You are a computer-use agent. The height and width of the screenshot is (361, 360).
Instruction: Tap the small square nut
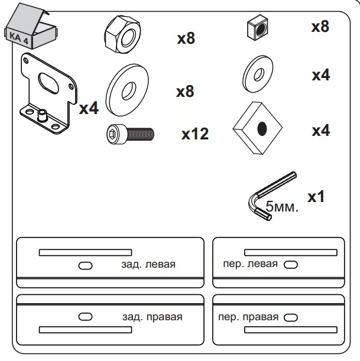[258, 28]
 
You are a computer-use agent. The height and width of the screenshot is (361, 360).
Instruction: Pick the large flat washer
[127, 90]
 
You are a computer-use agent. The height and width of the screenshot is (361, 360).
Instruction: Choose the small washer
[258, 74]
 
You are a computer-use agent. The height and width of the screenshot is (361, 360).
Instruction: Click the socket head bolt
[131, 134]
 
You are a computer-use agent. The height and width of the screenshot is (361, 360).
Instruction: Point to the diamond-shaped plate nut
[258, 128]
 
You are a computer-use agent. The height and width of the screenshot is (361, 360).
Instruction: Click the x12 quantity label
[195, 134]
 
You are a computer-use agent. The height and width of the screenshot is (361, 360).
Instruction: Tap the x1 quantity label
[316, 197]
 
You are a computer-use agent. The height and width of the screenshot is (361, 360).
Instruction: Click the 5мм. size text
[282, 206]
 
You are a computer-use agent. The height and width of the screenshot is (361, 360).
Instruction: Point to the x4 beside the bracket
[89, 108]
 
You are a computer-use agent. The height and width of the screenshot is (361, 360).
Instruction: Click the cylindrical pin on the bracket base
[42, 115]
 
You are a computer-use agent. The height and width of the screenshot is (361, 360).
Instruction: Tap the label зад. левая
[148, 264]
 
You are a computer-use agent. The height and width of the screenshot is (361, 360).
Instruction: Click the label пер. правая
[248, 317]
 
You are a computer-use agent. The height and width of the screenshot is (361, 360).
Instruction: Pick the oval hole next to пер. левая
[291, 265]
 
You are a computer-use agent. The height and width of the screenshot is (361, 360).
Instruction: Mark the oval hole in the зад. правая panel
[86, 317]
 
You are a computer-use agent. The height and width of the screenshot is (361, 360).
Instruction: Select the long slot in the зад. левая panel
[86, 252]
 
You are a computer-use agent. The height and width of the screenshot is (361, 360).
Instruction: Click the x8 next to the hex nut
[186, 38]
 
